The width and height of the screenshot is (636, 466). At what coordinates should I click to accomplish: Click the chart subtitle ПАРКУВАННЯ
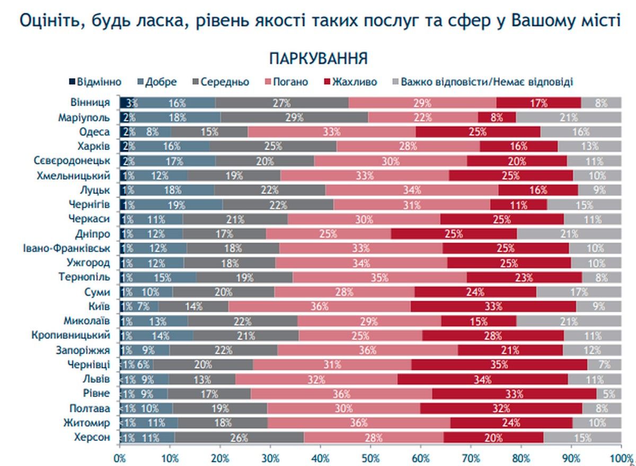(x=318, y=58)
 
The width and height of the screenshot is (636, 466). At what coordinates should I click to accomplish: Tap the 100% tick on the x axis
(x=621, y=457)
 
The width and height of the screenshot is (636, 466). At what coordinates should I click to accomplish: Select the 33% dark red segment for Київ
(x=493, y=306)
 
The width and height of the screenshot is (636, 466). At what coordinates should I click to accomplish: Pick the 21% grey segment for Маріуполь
(x=569, y=117)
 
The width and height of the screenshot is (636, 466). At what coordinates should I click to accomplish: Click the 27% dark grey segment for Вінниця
(x=282, y=103)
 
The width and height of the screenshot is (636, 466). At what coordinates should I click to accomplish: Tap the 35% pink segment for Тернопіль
(x=379, y=277)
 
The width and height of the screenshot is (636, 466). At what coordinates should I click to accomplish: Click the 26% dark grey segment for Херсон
(x=240, y=438)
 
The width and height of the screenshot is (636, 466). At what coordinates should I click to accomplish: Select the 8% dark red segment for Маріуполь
(x=497, y=117)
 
